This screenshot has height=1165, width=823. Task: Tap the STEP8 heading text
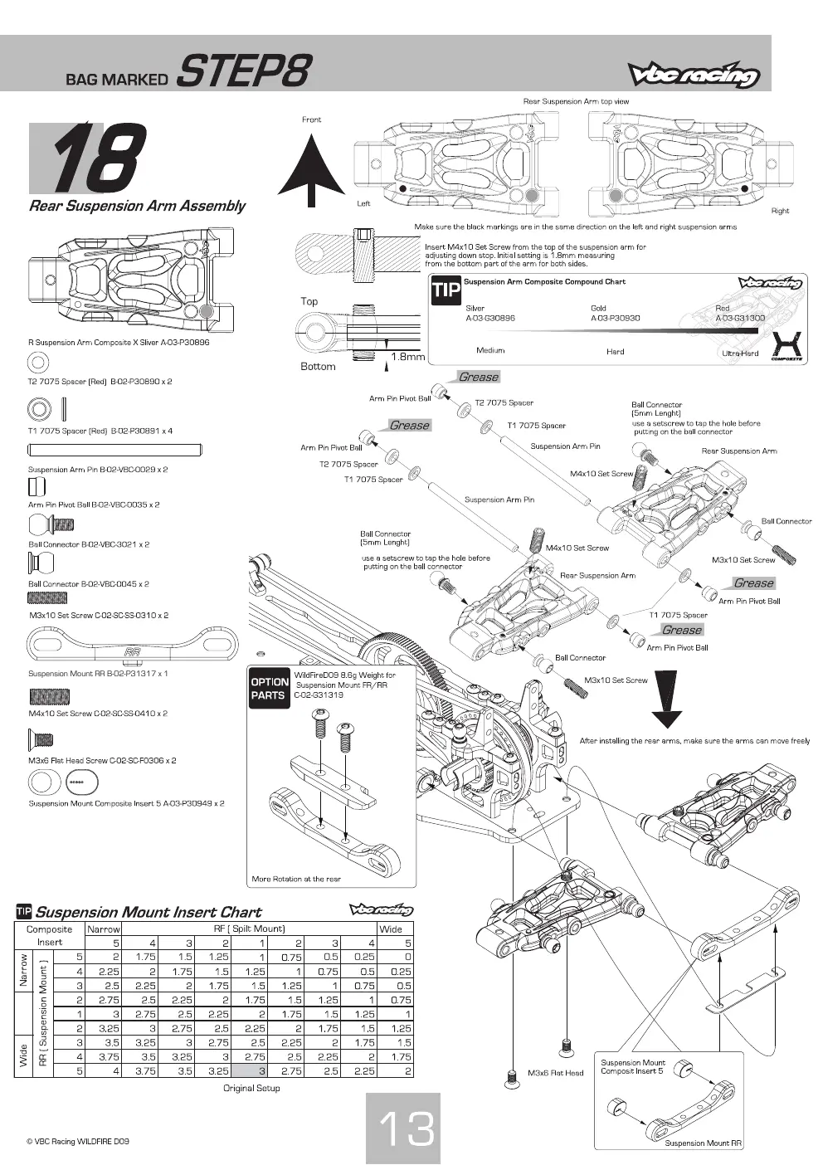click(x=245, y=71)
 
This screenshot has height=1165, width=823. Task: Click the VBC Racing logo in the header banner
click(x=694, y=76)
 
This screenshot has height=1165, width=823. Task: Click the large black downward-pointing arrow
click(x=666, y=699)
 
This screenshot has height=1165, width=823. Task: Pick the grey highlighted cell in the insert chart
click(x=251, y=1071)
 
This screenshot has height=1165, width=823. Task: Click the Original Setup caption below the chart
click(x=251, y=1088)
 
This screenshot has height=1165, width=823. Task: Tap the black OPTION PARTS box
click(x=270, y=689)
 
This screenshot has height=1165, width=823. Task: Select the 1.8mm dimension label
click(x=407, y=357)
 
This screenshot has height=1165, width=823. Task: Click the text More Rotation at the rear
click(x=296, y=879)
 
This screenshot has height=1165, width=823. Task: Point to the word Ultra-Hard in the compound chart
click(x=740, y=353)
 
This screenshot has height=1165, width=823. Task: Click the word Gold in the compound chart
click(x=598, y=309)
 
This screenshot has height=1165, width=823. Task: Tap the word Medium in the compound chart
click(x=490, y=350)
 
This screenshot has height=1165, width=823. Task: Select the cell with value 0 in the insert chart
click(x=408, y=957)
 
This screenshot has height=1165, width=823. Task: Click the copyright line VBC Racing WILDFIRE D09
click(x=78, y=1141)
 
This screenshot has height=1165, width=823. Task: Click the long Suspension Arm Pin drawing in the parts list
click(x=114, y=450)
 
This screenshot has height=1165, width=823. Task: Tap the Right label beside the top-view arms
click(x=780, y=211)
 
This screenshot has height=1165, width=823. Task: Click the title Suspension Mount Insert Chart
click(x=148, y=912)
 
